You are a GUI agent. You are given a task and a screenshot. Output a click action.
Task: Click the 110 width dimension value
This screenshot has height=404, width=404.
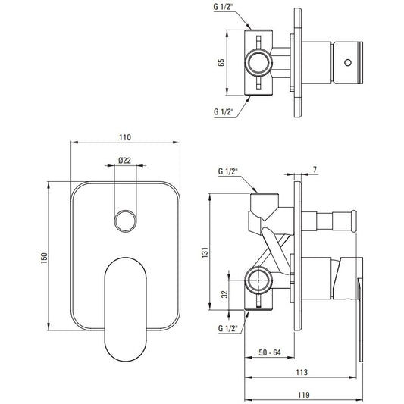pos(125,137)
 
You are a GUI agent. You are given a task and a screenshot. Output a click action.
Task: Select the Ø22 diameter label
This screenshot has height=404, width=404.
pos(125,161)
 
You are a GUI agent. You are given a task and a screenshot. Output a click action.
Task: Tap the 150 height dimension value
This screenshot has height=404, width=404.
pos(44,258)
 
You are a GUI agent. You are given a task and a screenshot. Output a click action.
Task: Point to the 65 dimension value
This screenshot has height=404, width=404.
pos(221,63)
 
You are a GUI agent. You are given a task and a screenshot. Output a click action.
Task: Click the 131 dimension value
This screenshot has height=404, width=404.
pos(205,252)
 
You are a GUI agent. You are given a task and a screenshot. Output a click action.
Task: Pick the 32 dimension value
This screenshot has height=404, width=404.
pos(225,294)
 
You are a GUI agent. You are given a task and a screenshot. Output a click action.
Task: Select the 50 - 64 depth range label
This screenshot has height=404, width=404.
pos(270,352)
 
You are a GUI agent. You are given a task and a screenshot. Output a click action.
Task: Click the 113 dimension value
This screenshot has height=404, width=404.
pos(302,372)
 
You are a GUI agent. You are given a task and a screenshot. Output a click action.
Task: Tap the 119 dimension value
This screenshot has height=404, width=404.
pos(304,394)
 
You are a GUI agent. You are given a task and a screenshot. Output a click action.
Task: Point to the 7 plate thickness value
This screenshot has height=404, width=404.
pos(315,169)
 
